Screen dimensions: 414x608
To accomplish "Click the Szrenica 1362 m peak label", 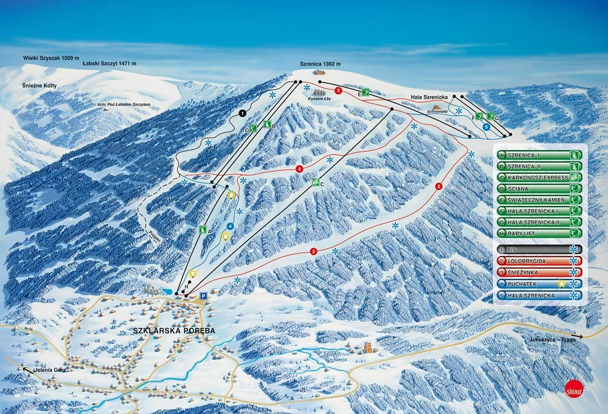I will (320, 64).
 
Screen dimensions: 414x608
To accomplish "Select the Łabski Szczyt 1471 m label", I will (109, 63).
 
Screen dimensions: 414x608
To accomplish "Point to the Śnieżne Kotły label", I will (39, 85).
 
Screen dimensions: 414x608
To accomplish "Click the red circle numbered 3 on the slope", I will (299, 168).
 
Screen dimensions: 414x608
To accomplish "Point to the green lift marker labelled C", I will (316, 182).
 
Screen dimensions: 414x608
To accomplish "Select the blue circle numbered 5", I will (486, 126).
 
